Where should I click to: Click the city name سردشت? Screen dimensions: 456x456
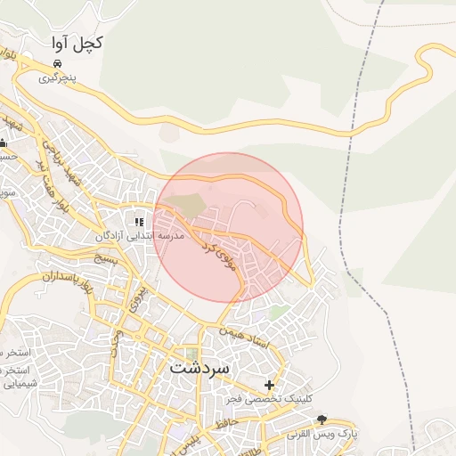click(199, 367)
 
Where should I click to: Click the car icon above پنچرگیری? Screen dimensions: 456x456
click(57, 64)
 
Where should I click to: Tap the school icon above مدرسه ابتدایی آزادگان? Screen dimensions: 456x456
click(138, 222)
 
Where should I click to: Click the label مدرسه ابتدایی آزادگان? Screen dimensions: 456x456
click(141, 237)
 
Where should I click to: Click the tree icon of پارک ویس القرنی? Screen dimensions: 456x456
click(322, 419)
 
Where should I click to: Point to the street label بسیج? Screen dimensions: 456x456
click(105, 259)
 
